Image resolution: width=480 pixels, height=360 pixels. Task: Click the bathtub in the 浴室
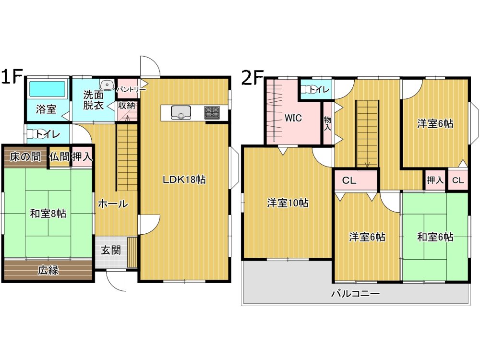pos(47,89)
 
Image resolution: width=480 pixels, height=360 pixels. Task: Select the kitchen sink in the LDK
pos(180,112)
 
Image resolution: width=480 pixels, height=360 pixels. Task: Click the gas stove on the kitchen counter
pos(212,112)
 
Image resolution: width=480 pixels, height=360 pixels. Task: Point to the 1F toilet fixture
pos(32,134)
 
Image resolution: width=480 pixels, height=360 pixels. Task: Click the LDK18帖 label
pos(184,180)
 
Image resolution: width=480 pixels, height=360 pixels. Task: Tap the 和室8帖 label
pos(48,214)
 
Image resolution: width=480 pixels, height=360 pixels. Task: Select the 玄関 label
pos(111,250)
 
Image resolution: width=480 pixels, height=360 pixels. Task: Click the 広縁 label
pos(48,270)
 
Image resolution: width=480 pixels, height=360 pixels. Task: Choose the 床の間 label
pos(25,157)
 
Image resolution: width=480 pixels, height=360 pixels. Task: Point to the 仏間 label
pos(60,157)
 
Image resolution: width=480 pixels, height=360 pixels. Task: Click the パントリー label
pos(131,89)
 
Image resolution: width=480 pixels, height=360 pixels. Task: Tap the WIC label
pos(293,118)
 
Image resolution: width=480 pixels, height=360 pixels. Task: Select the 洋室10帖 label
pos(288,203)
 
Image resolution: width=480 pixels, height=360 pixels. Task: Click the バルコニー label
pos(355,294)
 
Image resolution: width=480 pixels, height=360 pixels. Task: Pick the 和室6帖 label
pos(435,237)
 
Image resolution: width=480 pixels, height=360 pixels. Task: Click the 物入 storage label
pos(327,123)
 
